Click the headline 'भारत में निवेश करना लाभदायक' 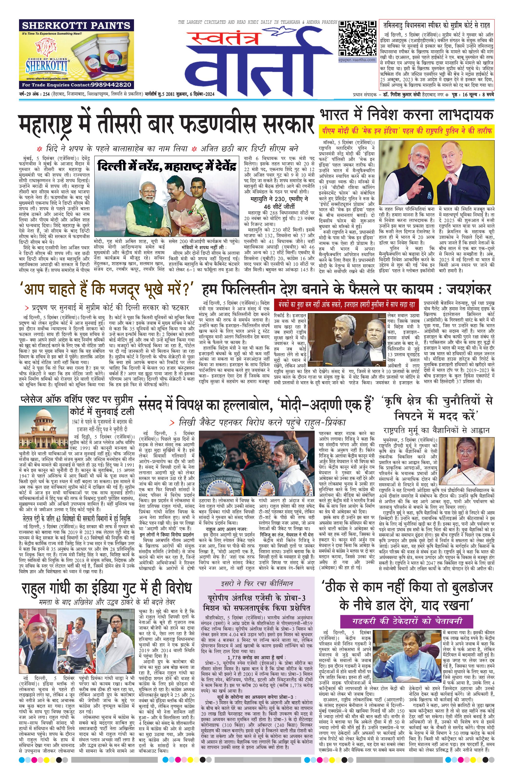pyautogui.click(x=407, y=115)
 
